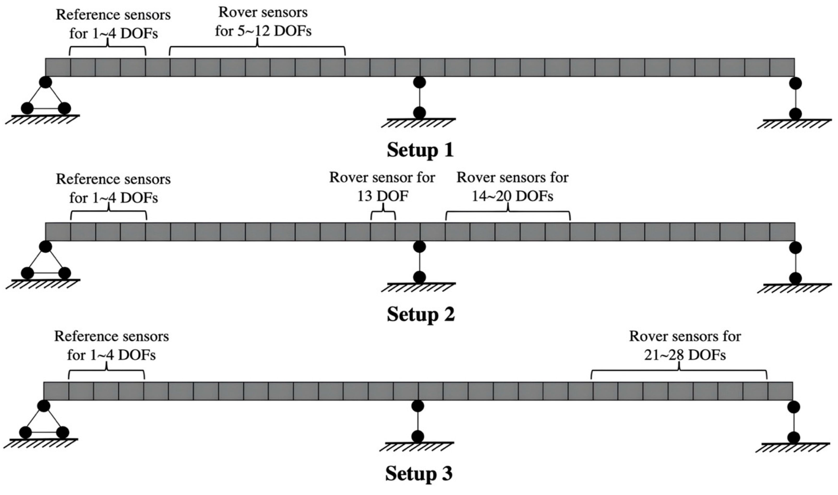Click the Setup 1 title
click(x=420, y=150)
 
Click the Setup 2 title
click(x=421, y=314)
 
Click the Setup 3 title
click(x=419, y=473)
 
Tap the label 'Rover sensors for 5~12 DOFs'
click(x=263, y=22)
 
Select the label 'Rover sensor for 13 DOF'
click(x=382, y=187)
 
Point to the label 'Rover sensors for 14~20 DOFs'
click(x=512, y=187)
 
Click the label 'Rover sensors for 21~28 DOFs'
click(x=685, y=346)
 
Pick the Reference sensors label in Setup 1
click(x=113, y=24)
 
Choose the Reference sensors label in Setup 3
click(x=111, y=346)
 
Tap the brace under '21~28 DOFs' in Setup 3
click(x=679, y=374)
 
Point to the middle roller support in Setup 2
click(x=419, y=262)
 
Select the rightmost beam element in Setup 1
click(x=782, y=67)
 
